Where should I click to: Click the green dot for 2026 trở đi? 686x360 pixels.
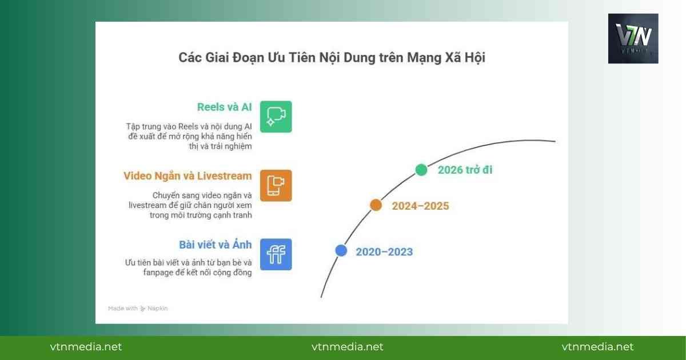(x=421, y=170)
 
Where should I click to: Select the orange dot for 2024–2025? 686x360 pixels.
(x=376, y=205)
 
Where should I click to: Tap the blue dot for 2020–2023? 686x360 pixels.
(x=341, y=250)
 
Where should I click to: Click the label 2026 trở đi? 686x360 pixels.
(x=465, y=170)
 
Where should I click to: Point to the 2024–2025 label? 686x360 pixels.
(x=420, y=206)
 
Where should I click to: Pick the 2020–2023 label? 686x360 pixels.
(x=384, y=251)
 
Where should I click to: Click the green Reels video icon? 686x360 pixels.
(x=276, y=117)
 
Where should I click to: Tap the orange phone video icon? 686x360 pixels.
(x=276, y=185)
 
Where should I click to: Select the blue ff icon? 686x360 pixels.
(x=276, y=254)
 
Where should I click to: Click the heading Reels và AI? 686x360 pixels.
(x=224, y=107)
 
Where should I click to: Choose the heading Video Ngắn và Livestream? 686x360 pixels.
(x=188, y=175)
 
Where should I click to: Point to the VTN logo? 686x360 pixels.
(x=633, y=38)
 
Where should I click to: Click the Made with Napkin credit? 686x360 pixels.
(x=138, y=309)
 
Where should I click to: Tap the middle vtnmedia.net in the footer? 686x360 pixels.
(x=348, y=347)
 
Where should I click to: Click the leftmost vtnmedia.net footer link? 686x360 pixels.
(x=86, y=347)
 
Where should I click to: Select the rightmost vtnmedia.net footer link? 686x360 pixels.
(x=598, y=347)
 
